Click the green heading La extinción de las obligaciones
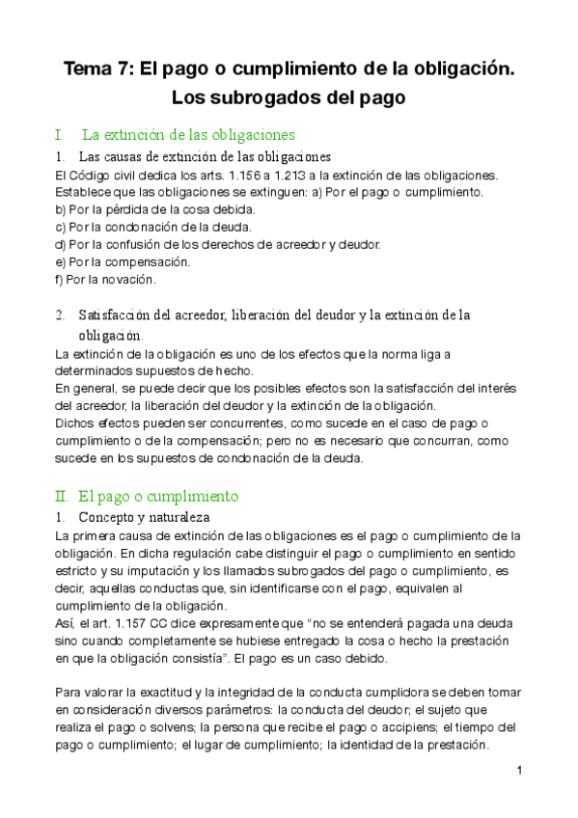click(x=188, y=134)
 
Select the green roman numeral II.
click(x=62, y=497)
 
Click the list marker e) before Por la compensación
click(x=61, y=261)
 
